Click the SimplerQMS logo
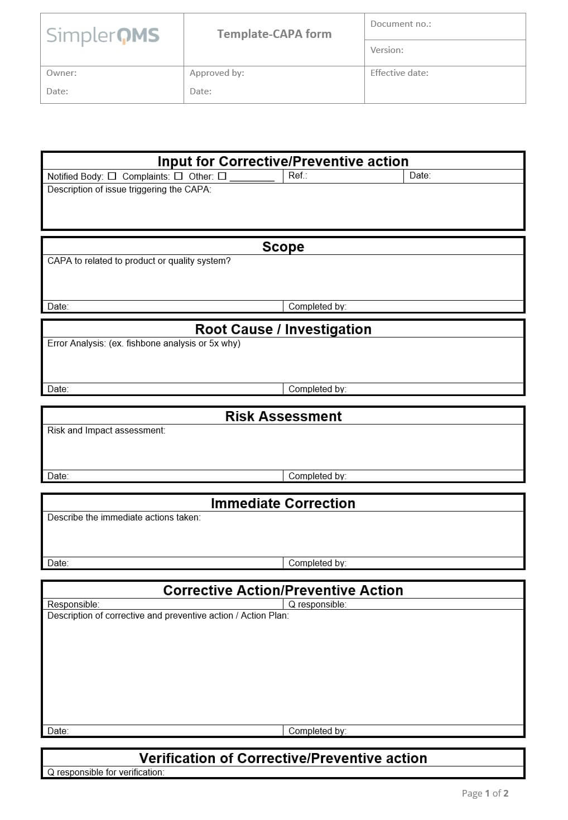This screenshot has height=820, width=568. (x=103, y=36)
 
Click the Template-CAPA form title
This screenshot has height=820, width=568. (x=274, y=34)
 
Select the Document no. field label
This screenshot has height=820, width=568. (x=400, y=24)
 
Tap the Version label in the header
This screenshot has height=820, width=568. (x=387, y=50)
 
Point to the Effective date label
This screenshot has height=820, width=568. (x=399, y=73)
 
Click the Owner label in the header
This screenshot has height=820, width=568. (x=61, y=73)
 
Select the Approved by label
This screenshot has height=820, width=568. (x=216, y=73)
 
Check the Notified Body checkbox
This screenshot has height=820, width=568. (x=112, y=176)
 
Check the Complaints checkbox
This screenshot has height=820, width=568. (x=178, y=176)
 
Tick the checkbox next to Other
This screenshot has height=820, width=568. (x=222, y=176)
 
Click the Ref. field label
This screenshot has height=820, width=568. (x=297, y=176)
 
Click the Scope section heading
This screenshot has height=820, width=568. (x=283, y=247)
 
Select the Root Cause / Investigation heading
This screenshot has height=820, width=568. (x=283, y=329)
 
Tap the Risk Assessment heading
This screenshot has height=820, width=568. (x=283, y=416)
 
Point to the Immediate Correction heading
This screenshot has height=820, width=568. (x=283, y=503)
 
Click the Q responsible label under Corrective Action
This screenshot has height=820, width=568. (x=317, y=604)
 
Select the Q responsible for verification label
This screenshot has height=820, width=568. (x=105, y=772)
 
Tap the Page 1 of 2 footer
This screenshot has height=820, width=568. (x=484, y=793)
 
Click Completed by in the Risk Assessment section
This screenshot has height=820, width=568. (x=317, y=476)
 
